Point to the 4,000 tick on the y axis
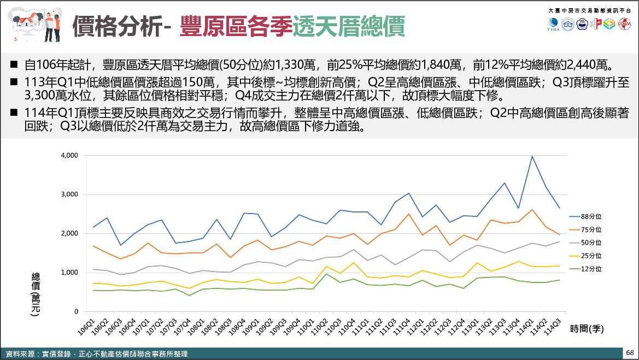pos(70,156)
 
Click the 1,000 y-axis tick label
pos(70,273)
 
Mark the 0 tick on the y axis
pos(76,311)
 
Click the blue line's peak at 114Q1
pos(532,157)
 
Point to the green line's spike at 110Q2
pos(326,274)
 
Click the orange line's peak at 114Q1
pos(532,209)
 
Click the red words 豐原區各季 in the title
pos(235,26)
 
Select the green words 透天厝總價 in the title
pos(348,26)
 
